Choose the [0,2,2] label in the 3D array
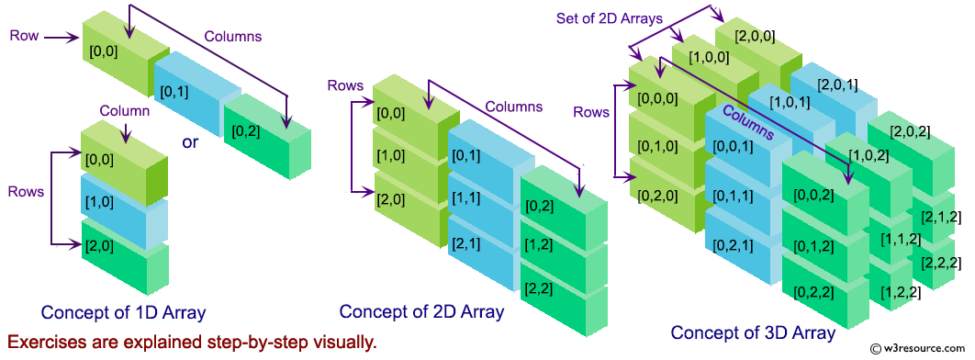point(813,292)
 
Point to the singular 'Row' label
point(23,35)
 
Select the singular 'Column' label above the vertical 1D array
point(124,111)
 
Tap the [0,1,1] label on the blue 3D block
point(737,195)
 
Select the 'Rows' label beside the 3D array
point(591,112)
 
